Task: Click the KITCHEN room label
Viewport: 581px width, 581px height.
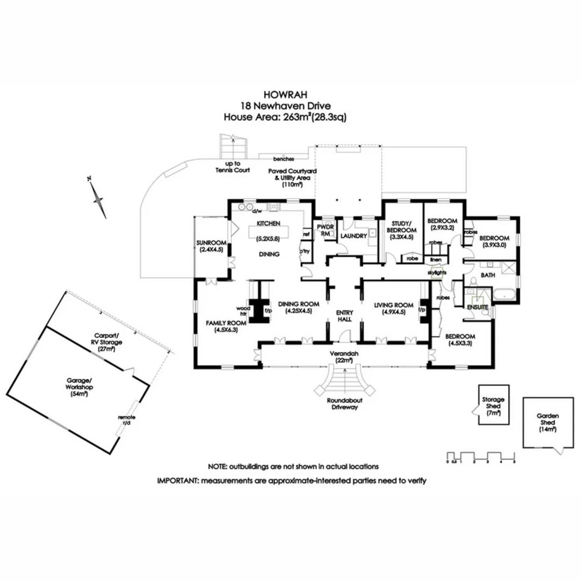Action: (267, 223)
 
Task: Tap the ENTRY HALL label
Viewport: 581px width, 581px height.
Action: (344, 316)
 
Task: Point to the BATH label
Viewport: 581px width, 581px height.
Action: (488, 275)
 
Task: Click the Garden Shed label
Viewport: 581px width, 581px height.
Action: (548, 423)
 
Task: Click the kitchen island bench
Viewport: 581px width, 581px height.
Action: (268, 232)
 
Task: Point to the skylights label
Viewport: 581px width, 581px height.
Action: (437, 273)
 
